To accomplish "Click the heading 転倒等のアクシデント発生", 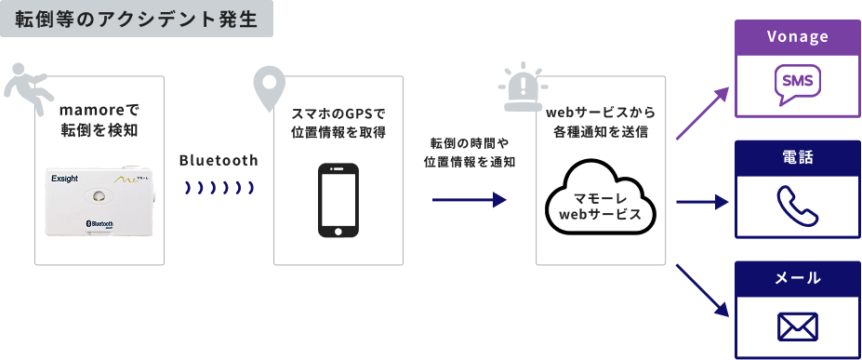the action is point(137,19).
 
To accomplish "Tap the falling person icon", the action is point(22,87).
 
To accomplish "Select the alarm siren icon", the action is point(522,87).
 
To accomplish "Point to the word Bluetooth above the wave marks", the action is point(219,160).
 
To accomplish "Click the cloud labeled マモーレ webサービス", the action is point(599,206).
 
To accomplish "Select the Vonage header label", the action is point(797,37).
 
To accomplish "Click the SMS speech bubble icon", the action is point(797,83).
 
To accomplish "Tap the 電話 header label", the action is point(797,158).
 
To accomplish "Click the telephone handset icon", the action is point(797,205).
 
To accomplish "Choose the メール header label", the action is point(797,278).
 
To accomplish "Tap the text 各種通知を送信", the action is point(599,132).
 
